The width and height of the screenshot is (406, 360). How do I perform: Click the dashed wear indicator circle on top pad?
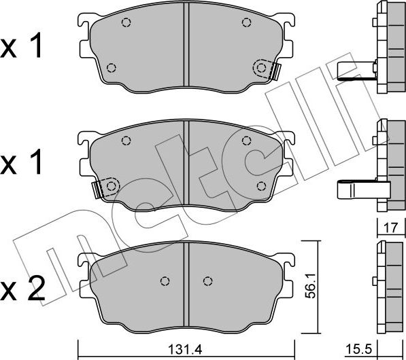coord(261,67)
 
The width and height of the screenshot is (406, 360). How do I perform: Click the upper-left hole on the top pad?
coord(126,22)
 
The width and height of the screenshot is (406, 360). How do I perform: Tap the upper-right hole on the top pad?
coord(246,22)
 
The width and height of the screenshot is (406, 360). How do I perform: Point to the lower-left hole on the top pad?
coord(112,67)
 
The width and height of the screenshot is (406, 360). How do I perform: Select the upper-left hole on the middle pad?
coord(126,141)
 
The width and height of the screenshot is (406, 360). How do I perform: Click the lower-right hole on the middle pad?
coord(261,185)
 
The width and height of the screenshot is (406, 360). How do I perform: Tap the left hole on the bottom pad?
coord(164,280)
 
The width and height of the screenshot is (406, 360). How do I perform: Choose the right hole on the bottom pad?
coord(209,280)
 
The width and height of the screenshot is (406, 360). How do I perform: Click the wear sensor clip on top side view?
coord(353,70)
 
